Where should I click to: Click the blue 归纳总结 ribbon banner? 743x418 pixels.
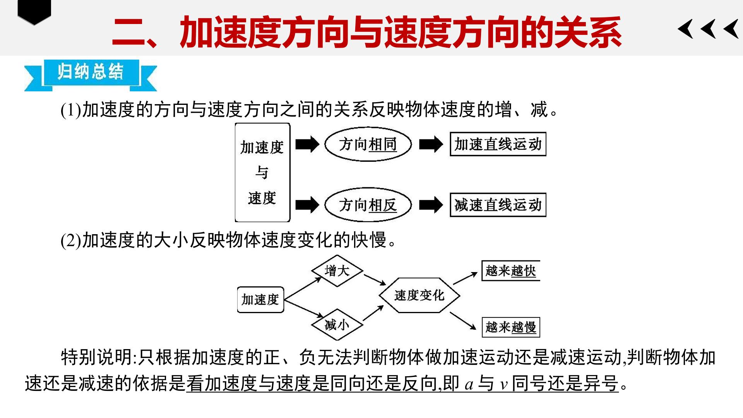coord(91,75)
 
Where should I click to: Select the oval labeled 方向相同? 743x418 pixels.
coord(368,144)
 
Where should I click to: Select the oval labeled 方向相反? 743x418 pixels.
coord(368,205)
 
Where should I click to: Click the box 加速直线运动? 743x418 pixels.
coord(498,144)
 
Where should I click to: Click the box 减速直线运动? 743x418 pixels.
coord(498,205)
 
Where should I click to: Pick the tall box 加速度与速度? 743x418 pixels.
coord(262,173)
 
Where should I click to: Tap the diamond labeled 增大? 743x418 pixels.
coord(337,271)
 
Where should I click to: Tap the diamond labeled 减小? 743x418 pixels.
coord(337,325)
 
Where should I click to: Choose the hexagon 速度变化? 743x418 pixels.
coord(419,295)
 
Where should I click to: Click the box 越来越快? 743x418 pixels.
coord(510,271)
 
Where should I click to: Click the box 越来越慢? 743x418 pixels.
coord(510,327)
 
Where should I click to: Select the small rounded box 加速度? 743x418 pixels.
coord(260,300)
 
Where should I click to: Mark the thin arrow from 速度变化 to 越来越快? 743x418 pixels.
coord(465,278)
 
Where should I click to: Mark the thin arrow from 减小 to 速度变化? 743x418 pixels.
coord(373,313)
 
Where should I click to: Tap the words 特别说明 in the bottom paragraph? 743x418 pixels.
coord(97,357)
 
